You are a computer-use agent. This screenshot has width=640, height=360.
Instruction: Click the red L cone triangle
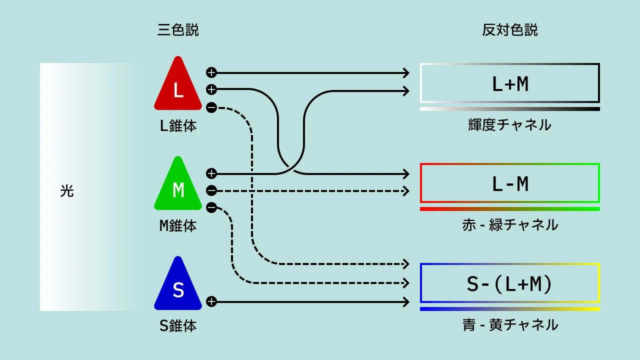pos(178,86)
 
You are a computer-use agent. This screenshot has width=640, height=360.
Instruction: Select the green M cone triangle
pos(178,186)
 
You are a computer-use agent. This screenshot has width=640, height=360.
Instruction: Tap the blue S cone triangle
pos(178,286)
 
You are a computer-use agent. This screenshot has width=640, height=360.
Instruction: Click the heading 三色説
pos(178,30)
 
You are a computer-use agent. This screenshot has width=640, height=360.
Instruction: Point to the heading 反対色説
pos(510,30)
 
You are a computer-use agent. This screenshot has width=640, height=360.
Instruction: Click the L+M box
pos(510,83)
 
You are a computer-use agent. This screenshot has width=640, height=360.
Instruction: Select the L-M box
pos(510,183)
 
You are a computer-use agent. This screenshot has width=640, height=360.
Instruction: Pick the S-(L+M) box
pos(510,283)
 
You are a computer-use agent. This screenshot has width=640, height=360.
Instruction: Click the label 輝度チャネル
pos(510,124)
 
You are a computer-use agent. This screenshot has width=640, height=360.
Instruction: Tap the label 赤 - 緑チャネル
pos(510,224)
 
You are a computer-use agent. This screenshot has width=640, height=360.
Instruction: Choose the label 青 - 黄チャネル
pos(510,324)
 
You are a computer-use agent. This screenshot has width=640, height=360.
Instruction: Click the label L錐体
pos(178,125)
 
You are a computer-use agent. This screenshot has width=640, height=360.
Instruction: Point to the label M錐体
pos(178,225)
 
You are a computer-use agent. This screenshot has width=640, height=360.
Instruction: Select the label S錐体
pos(178,325)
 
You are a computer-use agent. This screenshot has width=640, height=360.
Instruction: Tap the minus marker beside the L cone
pos(211,107)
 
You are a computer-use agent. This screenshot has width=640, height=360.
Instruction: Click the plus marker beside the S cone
pos(211,301)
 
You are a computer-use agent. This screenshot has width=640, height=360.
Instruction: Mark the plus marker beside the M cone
pos(211,173)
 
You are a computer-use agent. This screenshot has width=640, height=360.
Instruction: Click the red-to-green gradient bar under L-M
pos(510,209)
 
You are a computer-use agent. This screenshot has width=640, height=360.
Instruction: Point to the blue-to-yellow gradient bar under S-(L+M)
pos(510,309)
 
